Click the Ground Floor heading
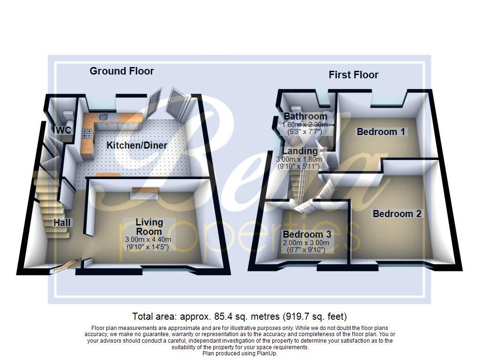pos(122,71)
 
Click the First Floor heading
pos(353,75)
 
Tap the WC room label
pos(64,130)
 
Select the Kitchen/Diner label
pos(137,145)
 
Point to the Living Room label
pos(149,226)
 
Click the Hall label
pos(62,223)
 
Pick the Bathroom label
pos(305,116)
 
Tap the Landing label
pos(300,151)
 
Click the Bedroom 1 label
pos(381,132)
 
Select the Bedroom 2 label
pos(397,214)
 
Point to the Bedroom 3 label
pos(303,234)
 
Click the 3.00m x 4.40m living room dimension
pos(148,240)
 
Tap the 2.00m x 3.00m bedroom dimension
pos(306,243)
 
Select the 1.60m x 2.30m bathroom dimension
pos(305,124)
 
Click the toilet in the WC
pos(68,115)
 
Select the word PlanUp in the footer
pos(267,353)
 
